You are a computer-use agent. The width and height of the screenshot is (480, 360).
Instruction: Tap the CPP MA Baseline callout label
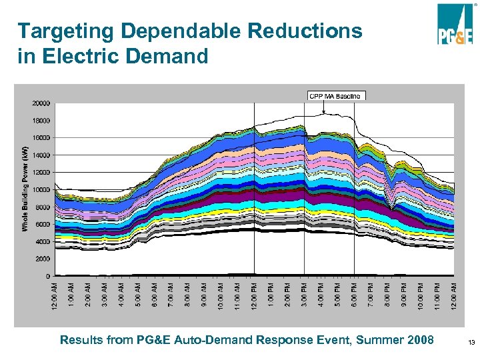coord(336,96)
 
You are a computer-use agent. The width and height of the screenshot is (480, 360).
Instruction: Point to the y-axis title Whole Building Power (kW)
coord(25,189)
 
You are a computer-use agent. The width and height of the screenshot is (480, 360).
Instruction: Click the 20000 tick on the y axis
coord(41,103)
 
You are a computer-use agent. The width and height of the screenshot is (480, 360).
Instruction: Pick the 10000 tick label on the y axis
coord(41,189)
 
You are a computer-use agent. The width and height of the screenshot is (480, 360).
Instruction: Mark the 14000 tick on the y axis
coord(41,155)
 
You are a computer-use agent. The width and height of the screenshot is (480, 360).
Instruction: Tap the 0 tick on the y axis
coord(47,275)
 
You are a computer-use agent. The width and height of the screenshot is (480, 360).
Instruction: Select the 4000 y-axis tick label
coord(42,241)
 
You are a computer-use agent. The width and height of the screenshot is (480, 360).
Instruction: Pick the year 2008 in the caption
coord(419,340)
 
